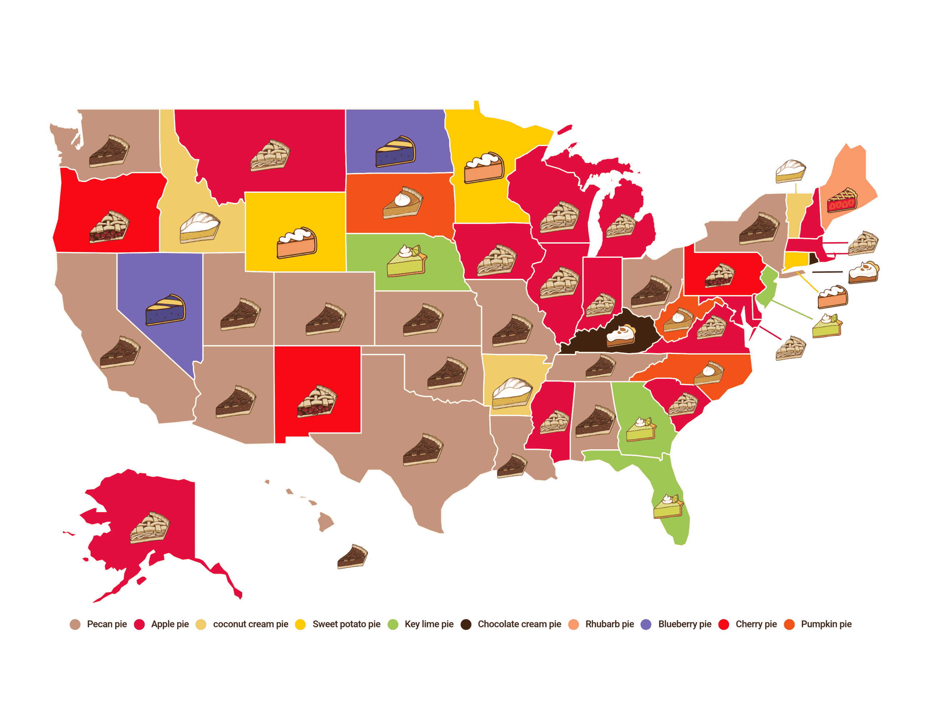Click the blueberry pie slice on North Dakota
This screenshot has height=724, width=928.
[395, 152]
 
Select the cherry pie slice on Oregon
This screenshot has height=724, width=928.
[109, 227]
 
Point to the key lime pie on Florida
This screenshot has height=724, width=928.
[668, 506]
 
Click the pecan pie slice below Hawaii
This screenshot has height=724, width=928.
[352, 557]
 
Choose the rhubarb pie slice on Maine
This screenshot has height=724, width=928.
[842, 200]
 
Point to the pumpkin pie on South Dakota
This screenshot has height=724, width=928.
[402, 203]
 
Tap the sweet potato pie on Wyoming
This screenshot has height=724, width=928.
[297, 243]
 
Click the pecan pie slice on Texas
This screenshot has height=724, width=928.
[423, 450]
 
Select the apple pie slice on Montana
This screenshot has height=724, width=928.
[270, 155]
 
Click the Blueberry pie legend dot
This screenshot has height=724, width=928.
[646, 625]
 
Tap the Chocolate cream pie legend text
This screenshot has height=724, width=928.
[519, 624]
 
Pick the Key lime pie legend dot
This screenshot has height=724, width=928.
[393, 625]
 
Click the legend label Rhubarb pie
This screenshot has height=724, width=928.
[609, 624]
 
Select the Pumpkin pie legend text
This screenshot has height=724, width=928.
[826, 624]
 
